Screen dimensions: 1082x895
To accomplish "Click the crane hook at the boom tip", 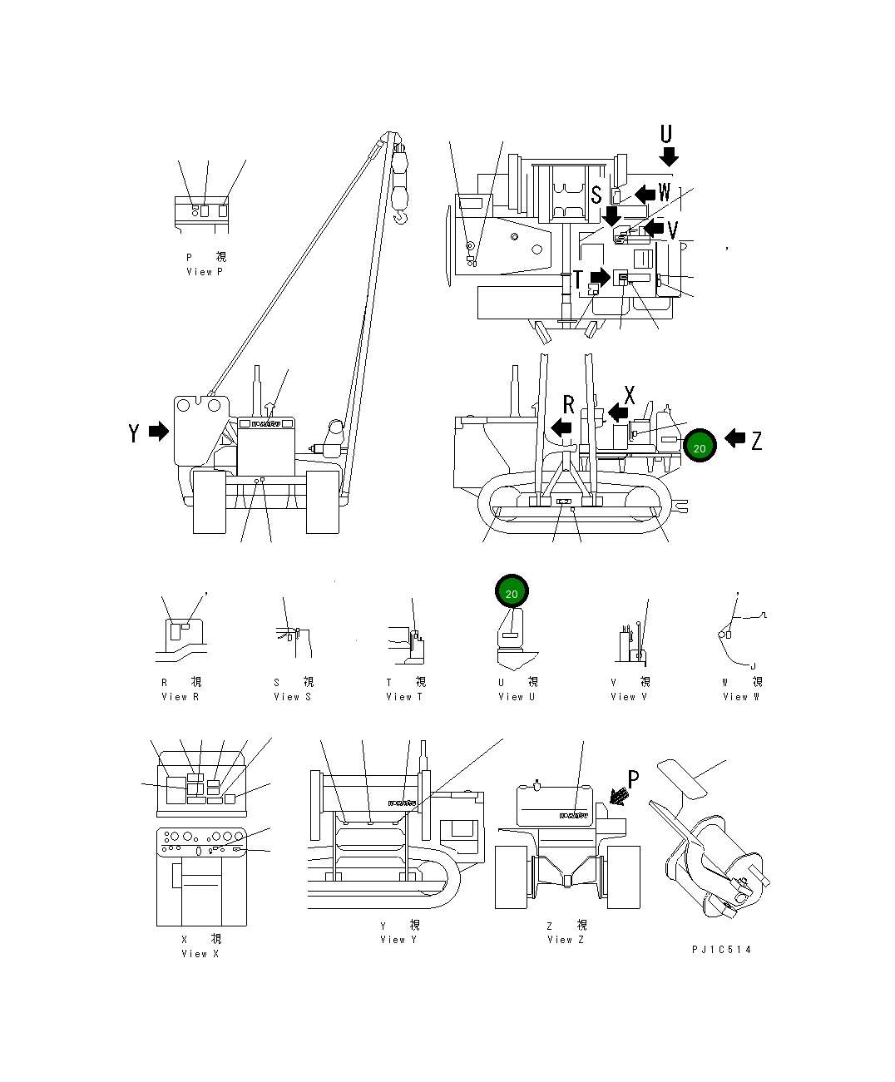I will pos(402,217).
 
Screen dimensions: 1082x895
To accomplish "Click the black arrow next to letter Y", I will pos(158,431).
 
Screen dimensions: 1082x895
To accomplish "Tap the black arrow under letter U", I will pos(669,156).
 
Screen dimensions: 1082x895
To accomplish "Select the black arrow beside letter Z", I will pos(734,437).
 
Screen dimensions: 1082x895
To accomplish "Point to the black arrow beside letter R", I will pos(562,427).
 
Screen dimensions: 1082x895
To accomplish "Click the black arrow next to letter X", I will pos(618,412).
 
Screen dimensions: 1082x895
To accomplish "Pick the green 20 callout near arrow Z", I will pos(700,447).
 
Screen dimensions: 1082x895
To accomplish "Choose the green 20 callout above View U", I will pos(512,593).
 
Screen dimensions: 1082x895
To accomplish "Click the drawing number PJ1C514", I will pos(721,950).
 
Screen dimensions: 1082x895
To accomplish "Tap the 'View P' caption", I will pos(205,272).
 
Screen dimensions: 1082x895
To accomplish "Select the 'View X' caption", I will pos(200,954).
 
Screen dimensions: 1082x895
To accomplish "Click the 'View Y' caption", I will pos(399,940).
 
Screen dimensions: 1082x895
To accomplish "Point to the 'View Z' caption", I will pos(566,940).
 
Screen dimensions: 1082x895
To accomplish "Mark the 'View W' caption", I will pos(740,697).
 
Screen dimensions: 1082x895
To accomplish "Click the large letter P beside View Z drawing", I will pos(633,779).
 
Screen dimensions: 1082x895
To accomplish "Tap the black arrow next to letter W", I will pos(645,194).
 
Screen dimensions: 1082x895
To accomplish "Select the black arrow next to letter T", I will pos(600,277).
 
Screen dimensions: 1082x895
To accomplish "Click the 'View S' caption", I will pos(292,697).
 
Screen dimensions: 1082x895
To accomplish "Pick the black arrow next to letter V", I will pos(655,227).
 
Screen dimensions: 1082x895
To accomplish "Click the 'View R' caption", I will pos(180,697).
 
